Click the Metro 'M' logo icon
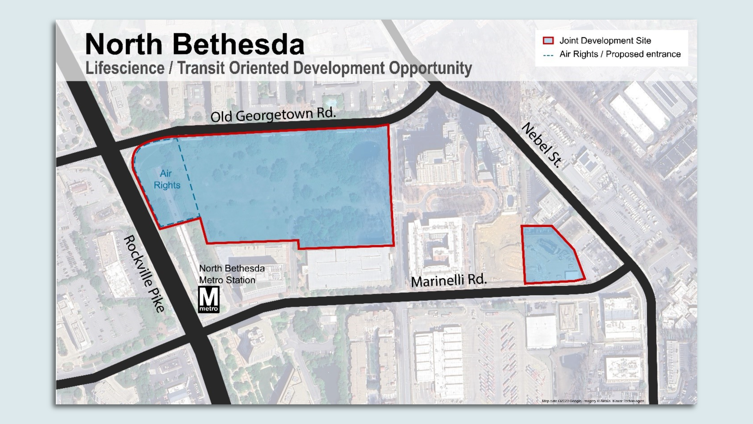[209, 299]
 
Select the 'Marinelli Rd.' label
[449, 281]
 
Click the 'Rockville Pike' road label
[144, 274]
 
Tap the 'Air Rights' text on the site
[167, 179]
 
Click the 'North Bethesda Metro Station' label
[231, 274]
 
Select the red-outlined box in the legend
[548, 40]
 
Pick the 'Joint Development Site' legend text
[605, 40]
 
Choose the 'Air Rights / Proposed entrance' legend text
[620, 54]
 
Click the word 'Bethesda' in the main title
[238, 44]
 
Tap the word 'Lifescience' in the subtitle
[125, 68]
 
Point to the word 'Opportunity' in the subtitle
[430, 68]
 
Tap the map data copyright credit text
[593, 401]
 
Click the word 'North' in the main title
[124, 44]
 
